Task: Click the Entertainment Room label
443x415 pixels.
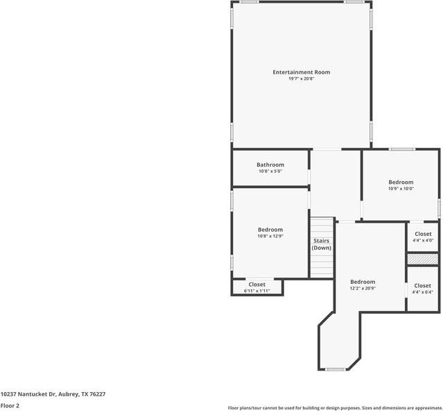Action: [301, 72]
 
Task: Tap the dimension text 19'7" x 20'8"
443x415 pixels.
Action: [301, 79]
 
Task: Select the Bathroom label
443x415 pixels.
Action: [270, 164]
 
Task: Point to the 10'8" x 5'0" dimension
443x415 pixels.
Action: [270, 171]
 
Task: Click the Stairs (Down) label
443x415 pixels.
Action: [321, 244]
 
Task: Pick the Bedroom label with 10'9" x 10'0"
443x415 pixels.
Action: [401, 182]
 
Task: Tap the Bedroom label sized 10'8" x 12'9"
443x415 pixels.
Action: [270, 230]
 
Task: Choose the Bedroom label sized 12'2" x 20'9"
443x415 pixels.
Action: [363, 282]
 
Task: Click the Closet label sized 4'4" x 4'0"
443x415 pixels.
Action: [423, 234]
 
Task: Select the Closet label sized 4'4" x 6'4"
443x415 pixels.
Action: [423, 285]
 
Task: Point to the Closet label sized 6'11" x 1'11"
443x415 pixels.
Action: [257, 284]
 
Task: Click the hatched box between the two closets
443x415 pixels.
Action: [423, 259]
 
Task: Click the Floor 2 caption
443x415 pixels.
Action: [10, 405]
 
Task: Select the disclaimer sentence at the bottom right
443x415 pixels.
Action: [335, 408]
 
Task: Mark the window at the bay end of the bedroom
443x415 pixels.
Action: [336, 369]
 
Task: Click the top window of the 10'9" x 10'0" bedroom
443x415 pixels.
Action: [401, 149]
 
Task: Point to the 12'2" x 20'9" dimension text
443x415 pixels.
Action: [363, 289]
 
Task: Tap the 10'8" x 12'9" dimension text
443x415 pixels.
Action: [270, 237]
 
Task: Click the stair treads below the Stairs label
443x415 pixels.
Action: [321, 264]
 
